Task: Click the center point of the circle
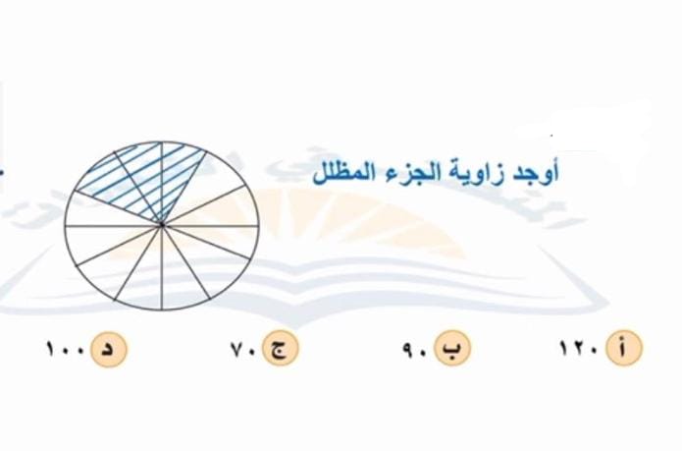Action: click(162, 226)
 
